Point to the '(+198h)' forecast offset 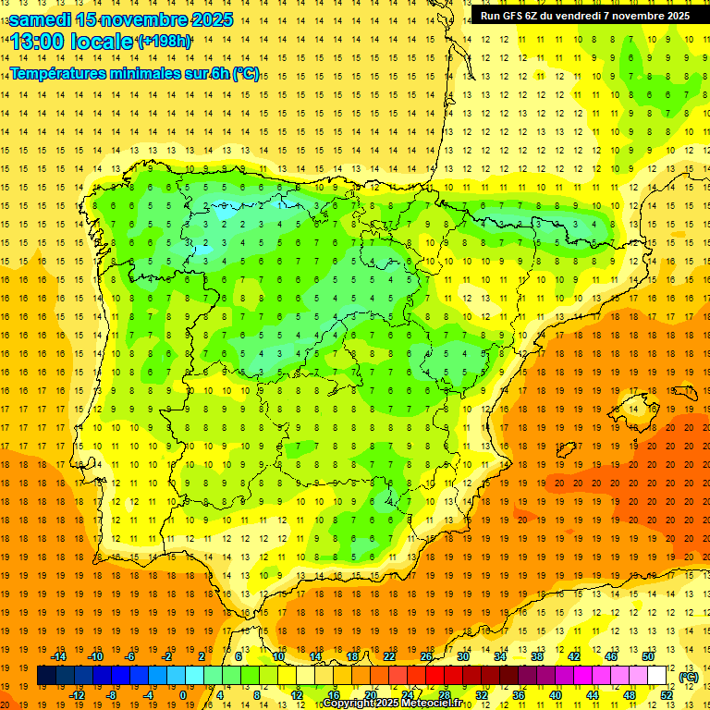164,42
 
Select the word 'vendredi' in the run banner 594,16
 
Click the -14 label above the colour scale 59,656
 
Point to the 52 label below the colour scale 666,695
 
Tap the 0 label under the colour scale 183,695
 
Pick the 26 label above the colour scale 426,656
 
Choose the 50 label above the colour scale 647,656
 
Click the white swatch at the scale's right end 656,676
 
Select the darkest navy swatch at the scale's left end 46,676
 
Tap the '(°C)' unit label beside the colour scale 689,677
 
